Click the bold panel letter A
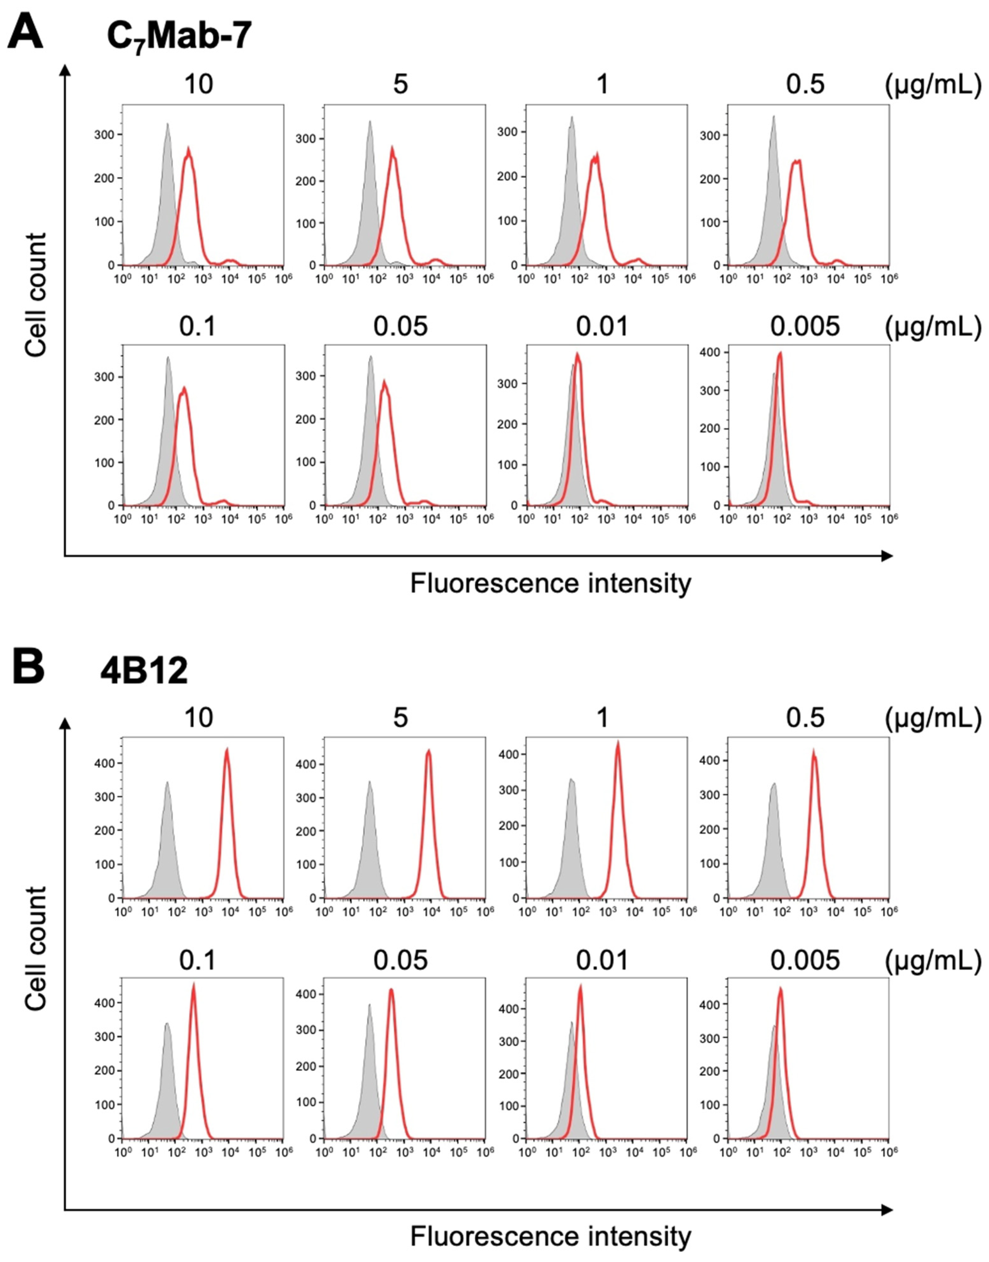point(25,34)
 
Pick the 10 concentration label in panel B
point(198,718)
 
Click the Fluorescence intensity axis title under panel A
point(550,584)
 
